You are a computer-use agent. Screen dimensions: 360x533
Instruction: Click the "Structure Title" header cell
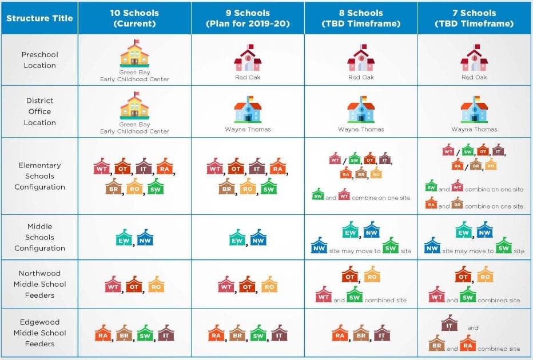coord(39,18)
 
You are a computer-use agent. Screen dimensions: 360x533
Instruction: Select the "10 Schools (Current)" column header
coord(134,18)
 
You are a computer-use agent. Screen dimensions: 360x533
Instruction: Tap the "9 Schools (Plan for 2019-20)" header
coord(248,18)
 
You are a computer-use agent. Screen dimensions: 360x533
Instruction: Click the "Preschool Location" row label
coord(39,60)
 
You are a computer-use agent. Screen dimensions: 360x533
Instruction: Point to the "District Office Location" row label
coord(39,111)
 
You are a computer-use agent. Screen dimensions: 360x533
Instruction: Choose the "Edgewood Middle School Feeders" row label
coord(39,333)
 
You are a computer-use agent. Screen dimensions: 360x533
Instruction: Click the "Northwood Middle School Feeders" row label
coord(39,284)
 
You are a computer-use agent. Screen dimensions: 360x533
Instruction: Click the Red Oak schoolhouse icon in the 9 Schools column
coord(248,58)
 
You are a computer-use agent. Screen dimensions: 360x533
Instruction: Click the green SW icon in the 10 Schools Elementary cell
coord(155,186)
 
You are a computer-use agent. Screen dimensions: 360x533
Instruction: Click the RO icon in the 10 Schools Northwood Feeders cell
coord(156,285)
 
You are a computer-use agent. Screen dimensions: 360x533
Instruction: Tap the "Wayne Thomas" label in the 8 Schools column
coord(361,129)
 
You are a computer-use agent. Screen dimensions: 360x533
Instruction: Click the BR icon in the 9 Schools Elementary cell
coord(226,186)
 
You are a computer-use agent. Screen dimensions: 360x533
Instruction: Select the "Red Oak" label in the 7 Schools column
coord(474,77)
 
